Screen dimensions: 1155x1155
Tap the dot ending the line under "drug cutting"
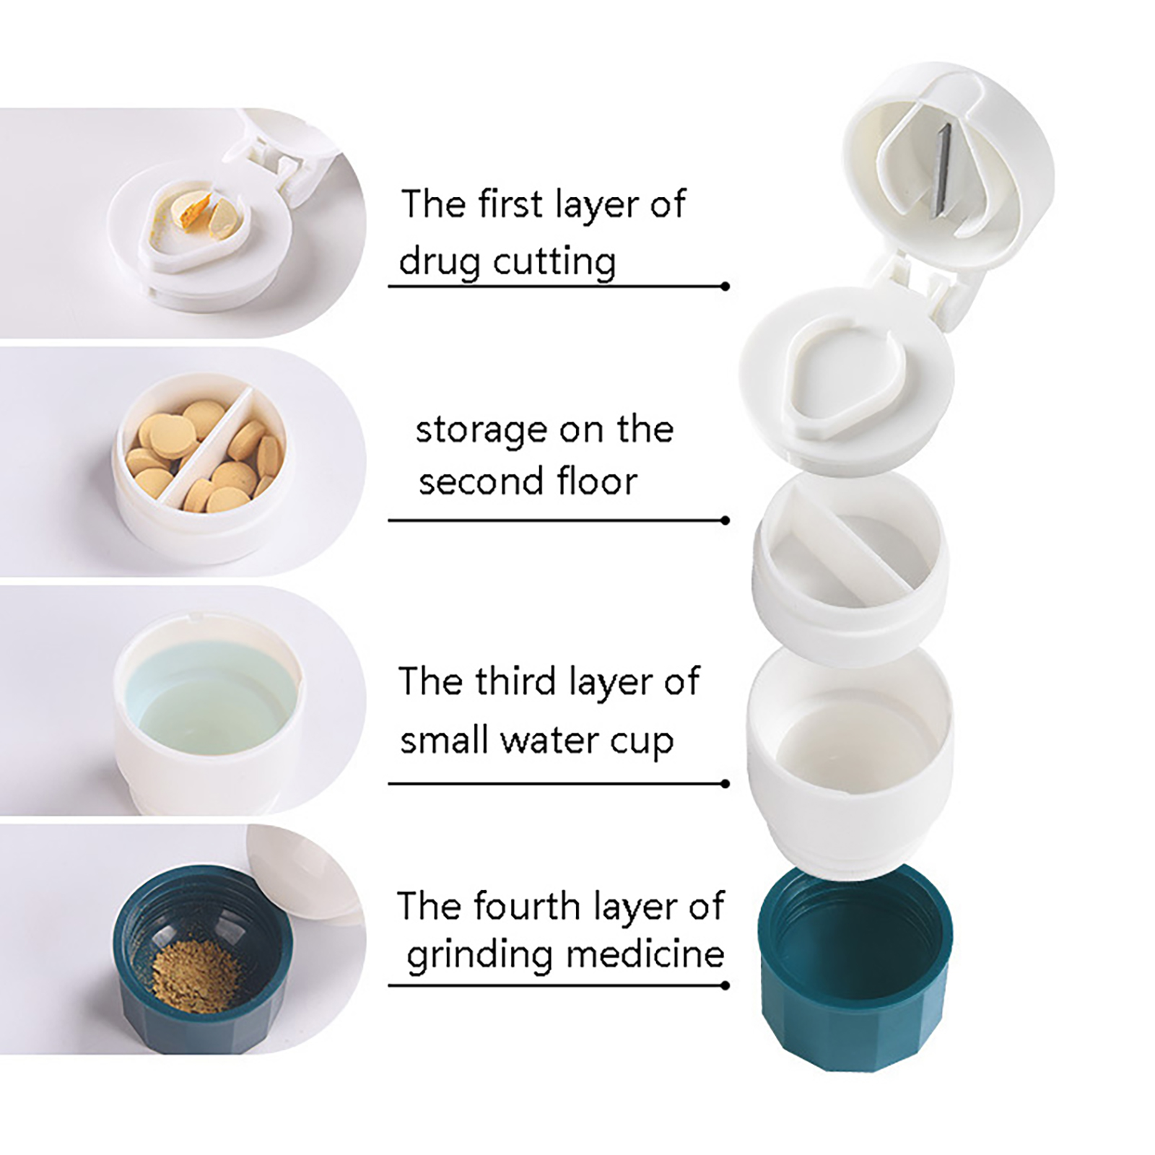(x=725, y=287)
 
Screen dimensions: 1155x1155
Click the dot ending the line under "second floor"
(x=725, y=520)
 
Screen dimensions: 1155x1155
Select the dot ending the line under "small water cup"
(x=725, y=784)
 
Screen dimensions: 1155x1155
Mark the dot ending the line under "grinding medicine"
(x=725, y=985)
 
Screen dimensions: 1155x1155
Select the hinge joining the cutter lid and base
(x=911, y=289)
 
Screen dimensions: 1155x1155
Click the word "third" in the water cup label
(x=515, y=681)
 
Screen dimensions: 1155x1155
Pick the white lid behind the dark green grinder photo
(x=303, y=873)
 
